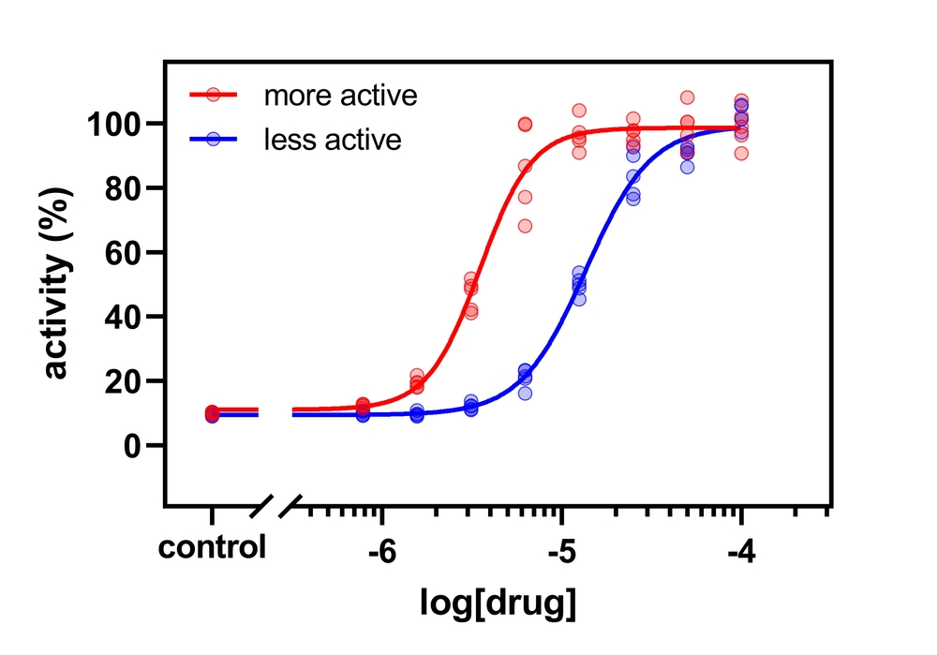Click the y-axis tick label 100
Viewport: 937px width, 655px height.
114,124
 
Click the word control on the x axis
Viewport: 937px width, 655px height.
212,547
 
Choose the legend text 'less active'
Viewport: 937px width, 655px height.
333,140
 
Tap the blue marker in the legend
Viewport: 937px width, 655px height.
214,139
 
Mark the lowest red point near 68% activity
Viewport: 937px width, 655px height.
525,226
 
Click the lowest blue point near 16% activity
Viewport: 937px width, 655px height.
525,394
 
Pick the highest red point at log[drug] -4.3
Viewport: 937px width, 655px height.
687,97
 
